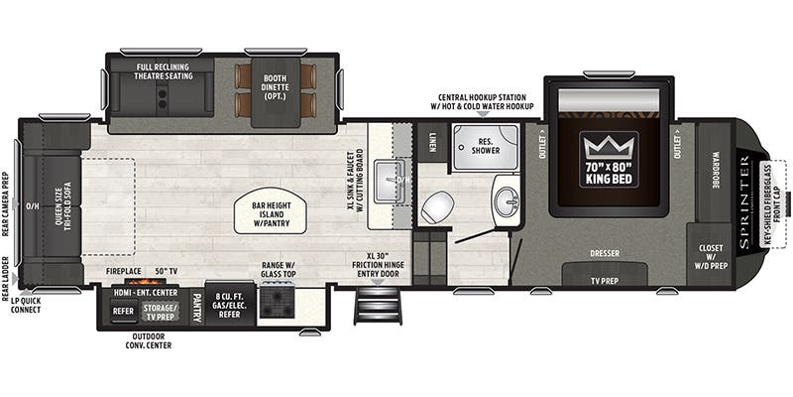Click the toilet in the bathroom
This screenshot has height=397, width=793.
tap(437, 207)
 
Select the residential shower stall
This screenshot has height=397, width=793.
tap(486, 146)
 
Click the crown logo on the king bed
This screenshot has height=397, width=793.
tap(609, 147)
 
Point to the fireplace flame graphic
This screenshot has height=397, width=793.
tap(147, 281)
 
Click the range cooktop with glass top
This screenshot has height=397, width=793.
tap(277, 302)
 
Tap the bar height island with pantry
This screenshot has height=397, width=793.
tap(270, 214)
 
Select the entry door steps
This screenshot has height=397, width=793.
tap(378, 305)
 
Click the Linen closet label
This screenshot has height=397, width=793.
tap(432, 142)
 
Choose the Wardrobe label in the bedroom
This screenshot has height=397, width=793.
tap(716, 171)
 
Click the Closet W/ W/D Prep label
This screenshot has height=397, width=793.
tap(711, 257)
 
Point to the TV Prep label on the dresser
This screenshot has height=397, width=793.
tap(605, 280)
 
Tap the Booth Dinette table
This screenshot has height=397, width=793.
tap(276, 91)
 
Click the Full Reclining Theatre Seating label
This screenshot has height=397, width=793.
tap(164, 71)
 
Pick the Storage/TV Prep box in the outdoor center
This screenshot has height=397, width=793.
tap(160, 312)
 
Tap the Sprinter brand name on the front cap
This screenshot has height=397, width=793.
tap(745, 202)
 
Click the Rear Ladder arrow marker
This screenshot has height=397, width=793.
tap(15, 279)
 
